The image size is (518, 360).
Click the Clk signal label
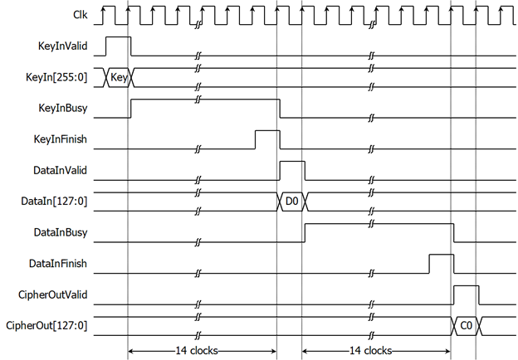pos(81,15)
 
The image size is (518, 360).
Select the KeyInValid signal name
pos(63,46)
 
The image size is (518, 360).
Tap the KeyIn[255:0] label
pos(56,77)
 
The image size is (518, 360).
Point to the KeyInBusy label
pos(63,108)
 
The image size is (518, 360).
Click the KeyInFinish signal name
pos(60,139)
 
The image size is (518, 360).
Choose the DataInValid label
pos(60,170)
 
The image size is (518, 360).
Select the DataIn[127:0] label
pos(54,202)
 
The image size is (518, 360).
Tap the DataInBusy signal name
pos(61,232)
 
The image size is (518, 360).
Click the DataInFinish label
pos(58,263)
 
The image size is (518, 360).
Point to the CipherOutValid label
pos(53,294)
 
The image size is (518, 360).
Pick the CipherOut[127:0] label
pos(46,326)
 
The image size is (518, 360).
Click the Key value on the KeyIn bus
pos(119,77)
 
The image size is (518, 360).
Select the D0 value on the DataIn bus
pos(291,201)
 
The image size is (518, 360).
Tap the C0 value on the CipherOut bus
pos(467,326)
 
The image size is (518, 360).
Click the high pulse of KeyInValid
pos(118,37)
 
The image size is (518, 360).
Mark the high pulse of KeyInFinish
pos(267,131)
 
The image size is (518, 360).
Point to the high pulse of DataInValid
pos(292,162)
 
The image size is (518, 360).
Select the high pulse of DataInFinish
pos(442,255)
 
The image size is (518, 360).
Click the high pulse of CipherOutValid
pos(467,285)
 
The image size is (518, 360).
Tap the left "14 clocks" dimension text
pos(197,350)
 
